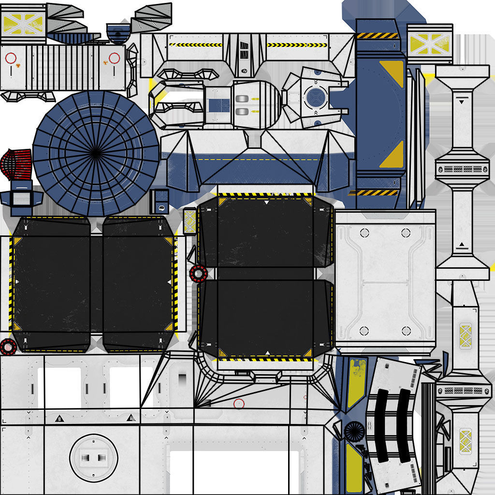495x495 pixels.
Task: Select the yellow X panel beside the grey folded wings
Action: (x=23, y=23)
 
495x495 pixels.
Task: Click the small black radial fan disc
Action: (x=355, y=431)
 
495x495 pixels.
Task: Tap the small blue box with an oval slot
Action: (x=160, y=202)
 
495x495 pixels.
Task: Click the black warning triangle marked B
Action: (x=58, y=418)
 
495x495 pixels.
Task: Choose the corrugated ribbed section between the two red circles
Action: (x=61, y=67)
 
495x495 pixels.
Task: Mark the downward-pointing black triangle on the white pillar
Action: (x=462, y=102)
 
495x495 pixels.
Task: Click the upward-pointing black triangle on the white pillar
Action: (x=462, y=245)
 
